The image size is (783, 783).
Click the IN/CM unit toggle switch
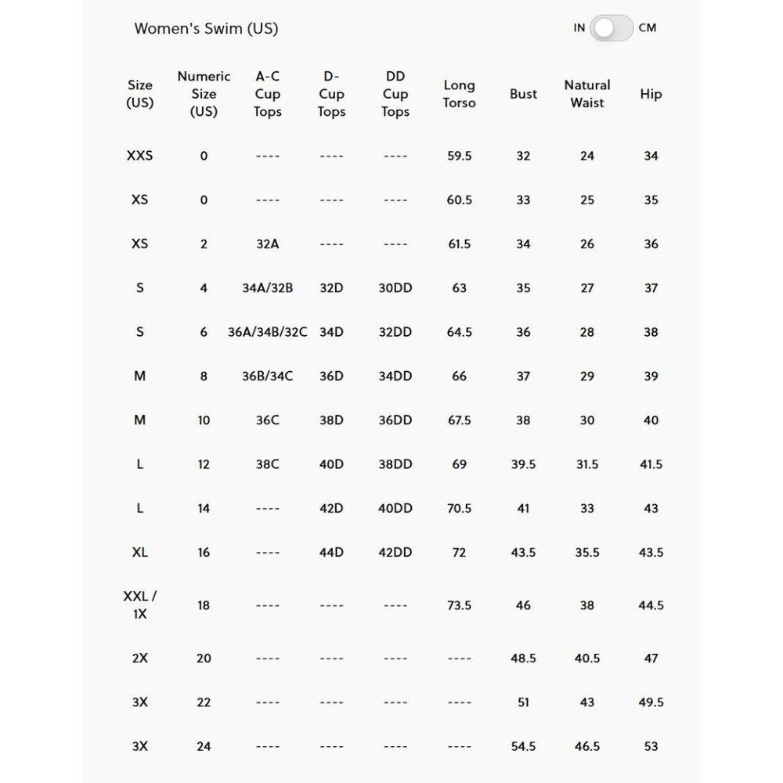click(612, 28)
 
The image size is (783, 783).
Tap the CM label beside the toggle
click(648, 28)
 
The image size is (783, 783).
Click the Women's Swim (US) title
click(206, 29)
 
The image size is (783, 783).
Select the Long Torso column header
click(459, 94)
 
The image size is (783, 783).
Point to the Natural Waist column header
click(587, 94)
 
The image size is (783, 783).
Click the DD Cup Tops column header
click(395, 94)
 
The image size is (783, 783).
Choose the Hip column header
click(651, 94)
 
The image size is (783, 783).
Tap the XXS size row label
click(139, 156)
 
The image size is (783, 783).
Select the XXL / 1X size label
click(139, 605)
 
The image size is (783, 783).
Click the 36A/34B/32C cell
click(267, 332)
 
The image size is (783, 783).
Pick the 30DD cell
click(395, 288)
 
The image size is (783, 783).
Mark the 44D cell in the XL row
click(331, 552)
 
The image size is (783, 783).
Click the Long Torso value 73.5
click(459, 605)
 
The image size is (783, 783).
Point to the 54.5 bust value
click(523, 746)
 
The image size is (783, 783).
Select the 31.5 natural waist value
click(587, 464)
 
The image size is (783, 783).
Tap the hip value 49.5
click(651, 702)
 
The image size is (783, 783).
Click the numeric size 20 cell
click(204, 659)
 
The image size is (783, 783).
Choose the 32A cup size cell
click(267, 244)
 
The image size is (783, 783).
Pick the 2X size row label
click(139, 659)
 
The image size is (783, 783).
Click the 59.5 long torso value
click(459, 156)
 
